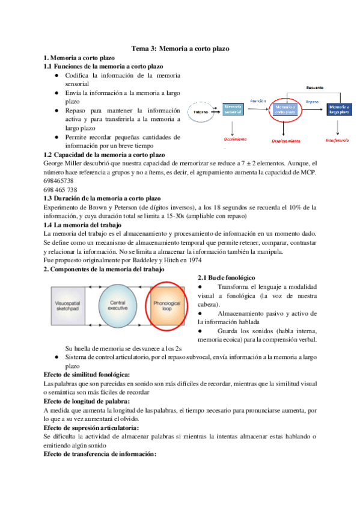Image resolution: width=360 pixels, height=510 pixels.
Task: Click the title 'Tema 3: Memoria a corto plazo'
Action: [x=180, y=48]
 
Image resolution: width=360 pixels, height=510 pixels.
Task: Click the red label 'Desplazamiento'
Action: [x=282, y=141]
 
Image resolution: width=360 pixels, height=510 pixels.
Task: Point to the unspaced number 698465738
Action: [x=59, y=180]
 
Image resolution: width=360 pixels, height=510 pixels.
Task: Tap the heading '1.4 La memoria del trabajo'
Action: [x=85, y=224]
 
